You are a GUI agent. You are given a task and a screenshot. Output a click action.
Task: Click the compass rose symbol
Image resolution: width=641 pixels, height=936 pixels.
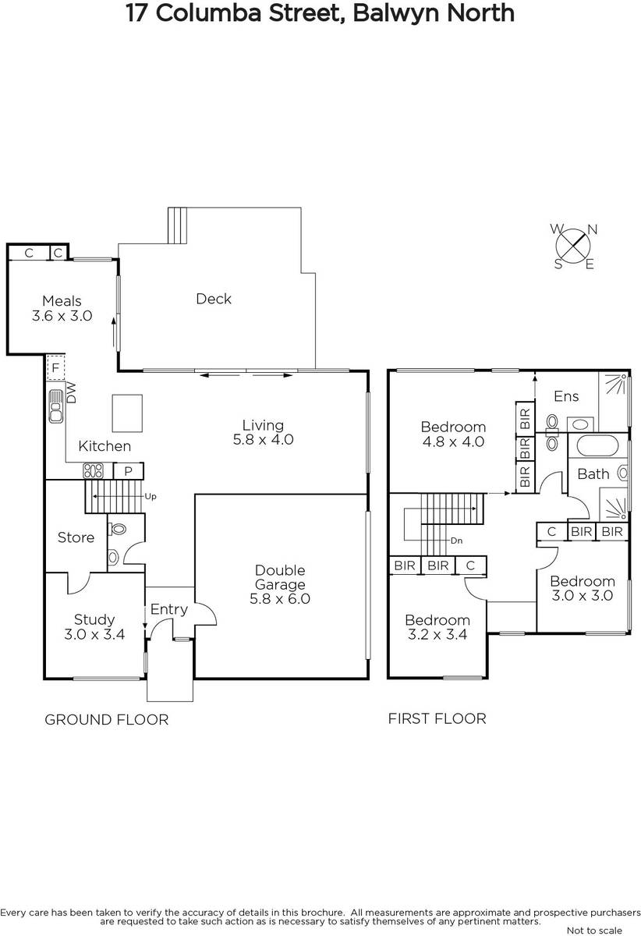pos(573,246)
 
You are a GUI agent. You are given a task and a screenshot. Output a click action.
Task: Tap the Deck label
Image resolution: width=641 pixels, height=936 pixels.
pos(214,299)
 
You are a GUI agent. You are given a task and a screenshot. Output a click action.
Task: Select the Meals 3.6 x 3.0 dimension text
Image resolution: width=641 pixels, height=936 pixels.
pos(62,315)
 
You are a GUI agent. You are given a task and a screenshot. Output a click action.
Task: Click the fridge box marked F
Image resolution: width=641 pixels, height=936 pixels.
pos(55,367)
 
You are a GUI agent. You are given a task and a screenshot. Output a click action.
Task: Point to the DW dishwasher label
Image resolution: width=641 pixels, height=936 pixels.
pos(71,393)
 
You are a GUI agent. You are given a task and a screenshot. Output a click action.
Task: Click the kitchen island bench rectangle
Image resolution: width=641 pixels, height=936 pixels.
pos(127,413)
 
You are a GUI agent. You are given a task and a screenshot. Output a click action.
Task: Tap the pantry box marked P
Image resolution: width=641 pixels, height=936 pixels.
pos(129,471)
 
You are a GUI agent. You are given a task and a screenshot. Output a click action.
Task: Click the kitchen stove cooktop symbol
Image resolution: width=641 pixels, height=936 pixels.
pos(93,471)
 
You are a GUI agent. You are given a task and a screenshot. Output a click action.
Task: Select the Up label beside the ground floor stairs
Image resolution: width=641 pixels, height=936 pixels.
pos(151,496)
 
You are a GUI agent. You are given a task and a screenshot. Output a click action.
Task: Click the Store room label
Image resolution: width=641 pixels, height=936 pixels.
pos(76,537)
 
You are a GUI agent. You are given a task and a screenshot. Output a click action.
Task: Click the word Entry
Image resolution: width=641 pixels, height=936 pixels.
pos(168,610)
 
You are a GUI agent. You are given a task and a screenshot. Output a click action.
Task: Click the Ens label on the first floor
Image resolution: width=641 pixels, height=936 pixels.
pos(566,396)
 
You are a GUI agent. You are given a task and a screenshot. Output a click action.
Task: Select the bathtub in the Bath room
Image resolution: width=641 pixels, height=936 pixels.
pos(597,446)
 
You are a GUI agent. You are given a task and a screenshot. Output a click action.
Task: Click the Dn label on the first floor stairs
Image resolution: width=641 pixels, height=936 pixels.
pos(457,541)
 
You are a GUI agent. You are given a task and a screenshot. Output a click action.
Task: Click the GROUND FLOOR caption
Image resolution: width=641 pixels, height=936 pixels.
pos(107,720)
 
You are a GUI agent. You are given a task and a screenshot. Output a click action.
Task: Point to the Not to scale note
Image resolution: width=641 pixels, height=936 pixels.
pos(594,931)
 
